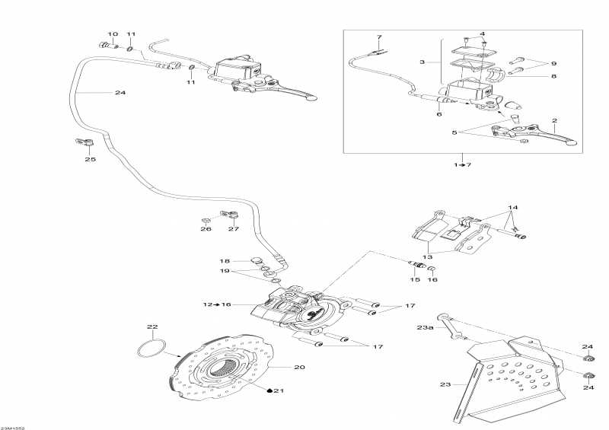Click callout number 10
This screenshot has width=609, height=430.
[x=113, y=34]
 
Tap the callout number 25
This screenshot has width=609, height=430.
[x=91, y=159]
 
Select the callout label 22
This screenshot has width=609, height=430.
[x=153, y=326]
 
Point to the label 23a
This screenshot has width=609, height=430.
[x=425, y=327]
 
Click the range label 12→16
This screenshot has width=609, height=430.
[x=217, y=304]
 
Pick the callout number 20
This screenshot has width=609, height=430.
[x=299, y=367]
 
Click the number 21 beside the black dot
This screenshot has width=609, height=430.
[x=279, y=390]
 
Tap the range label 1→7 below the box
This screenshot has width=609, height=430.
[x=463, y=164]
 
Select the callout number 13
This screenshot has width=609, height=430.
[x=427, y=256]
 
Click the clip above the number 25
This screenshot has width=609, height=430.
[x=84, y=142]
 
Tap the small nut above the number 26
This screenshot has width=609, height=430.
[x=205, y=221]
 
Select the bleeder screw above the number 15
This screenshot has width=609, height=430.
[x=418, y=266]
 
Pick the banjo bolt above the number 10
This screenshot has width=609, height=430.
[x=108, y=46]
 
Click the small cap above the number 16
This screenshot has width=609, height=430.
[x=432, y=269]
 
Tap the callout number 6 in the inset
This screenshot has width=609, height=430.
[x=439, y=114]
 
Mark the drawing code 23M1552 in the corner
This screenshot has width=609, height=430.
[x=12, y=428]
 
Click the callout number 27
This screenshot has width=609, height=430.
[x=234, y=229]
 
